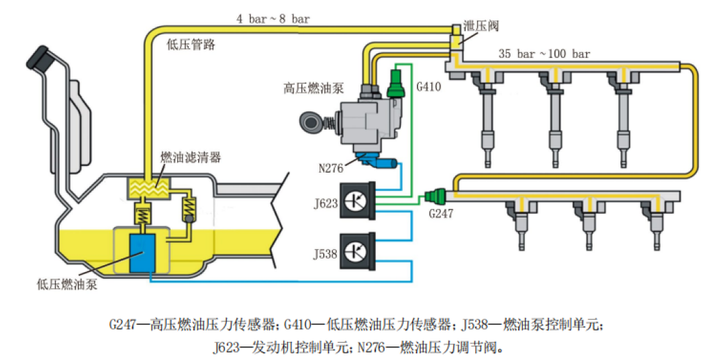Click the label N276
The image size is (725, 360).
[x=332, y=167]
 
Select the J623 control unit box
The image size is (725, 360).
[x=357, y=200]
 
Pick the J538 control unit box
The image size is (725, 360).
[x=357, y=252]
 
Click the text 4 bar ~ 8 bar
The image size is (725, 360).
[x=273, y=19]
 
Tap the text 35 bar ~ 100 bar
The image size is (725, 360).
[x=544, y=54]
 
